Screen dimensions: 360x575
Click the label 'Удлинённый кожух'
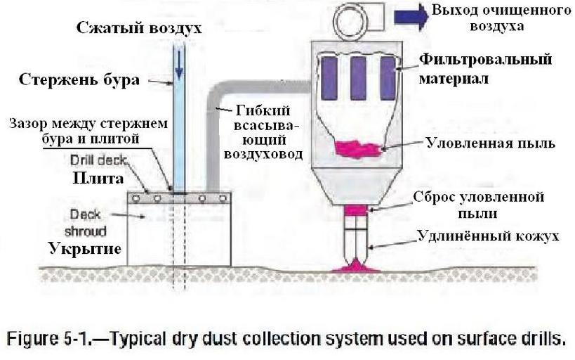pos(489,236)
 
